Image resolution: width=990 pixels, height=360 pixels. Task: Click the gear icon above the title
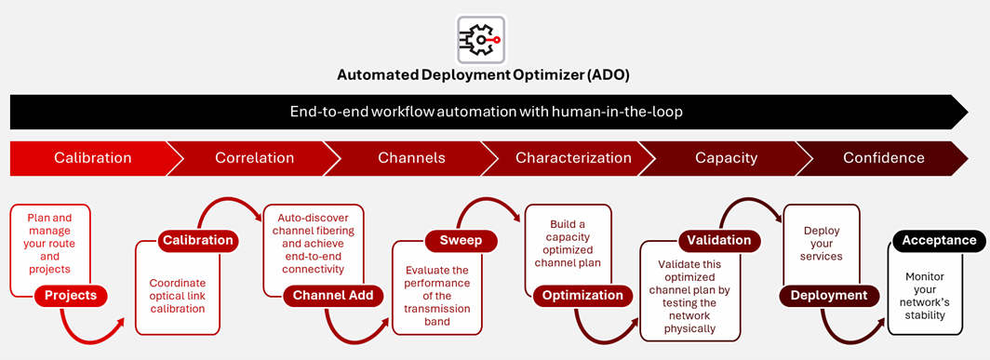(481, 39)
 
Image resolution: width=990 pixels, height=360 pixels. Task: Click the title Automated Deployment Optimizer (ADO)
(488, 75)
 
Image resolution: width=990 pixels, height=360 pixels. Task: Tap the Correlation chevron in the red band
(254, 158)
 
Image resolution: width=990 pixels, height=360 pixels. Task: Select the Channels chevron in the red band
(411, 158)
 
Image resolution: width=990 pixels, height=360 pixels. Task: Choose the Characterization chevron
(573, 158)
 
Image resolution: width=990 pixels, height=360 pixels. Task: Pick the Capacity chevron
(726, 158)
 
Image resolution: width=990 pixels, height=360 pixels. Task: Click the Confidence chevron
(883, 158)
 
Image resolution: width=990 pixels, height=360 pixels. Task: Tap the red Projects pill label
(71, 296)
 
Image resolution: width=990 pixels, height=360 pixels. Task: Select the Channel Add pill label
(332, 296)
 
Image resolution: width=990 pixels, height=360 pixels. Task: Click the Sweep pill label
(461, 241)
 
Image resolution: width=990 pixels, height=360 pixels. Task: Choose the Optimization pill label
(582, 296)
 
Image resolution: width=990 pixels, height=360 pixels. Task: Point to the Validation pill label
(718, 241)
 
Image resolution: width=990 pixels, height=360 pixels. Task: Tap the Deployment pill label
(828, 296)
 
